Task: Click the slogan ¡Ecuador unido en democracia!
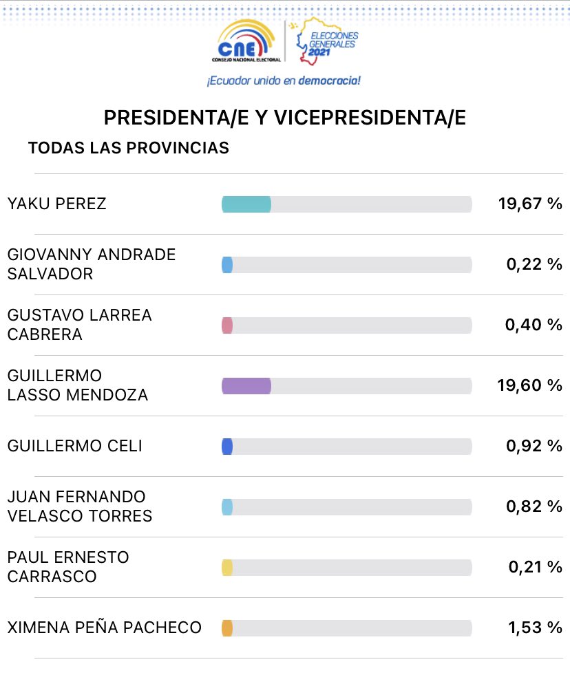coord(284,81)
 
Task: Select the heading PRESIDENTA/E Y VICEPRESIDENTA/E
coord(284,118)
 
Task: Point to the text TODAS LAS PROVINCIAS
coord(128,148)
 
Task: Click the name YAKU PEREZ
coord(57,204)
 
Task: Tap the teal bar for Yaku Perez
coord(246,204)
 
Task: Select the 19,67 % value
coord(529,204)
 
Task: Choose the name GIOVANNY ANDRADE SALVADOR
coord(91,264)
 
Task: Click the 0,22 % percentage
coord(534,264)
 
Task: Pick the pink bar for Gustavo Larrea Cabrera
coord(227,325)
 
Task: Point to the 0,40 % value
coord(534,325)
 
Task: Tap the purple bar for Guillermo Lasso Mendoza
coord(246,386)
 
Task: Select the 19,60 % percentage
coord(529,385)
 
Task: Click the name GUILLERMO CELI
coord(74,446)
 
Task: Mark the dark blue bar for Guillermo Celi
coord(227,447)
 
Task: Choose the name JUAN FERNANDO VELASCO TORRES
coord(80,506)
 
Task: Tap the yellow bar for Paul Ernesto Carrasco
coord(227,568)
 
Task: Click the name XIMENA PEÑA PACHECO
coord(104,628)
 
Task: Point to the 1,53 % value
coord(534,628)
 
